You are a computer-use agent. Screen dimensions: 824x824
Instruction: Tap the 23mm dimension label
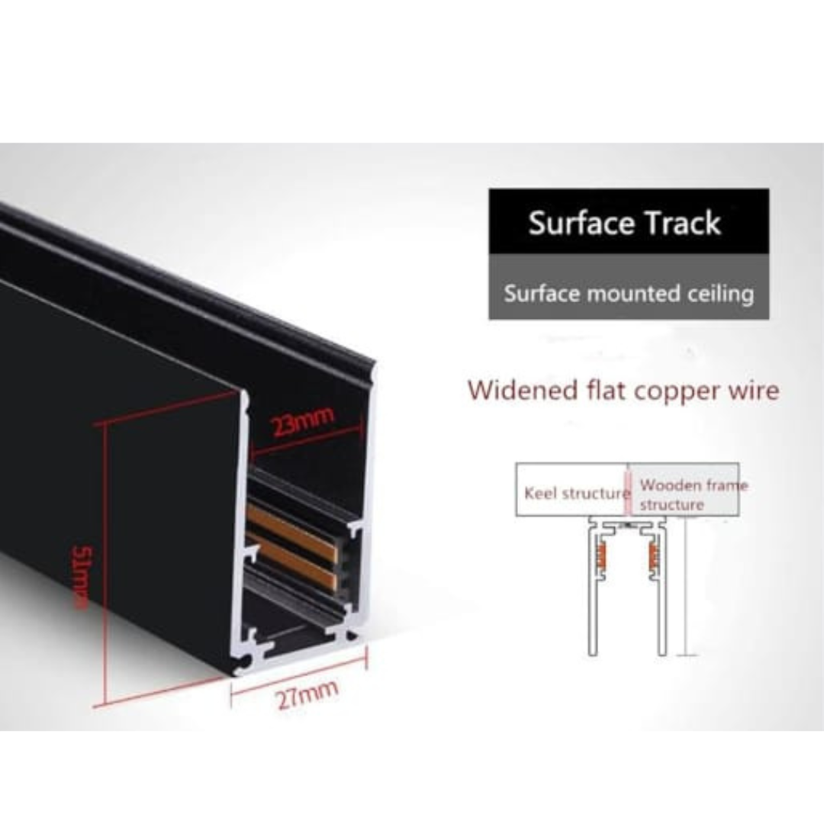302,421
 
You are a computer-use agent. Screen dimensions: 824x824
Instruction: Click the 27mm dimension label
307,695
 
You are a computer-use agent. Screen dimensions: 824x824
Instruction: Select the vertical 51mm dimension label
84,578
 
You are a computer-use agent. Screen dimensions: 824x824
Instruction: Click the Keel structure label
577,494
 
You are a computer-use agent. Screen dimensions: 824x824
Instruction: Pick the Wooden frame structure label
693,494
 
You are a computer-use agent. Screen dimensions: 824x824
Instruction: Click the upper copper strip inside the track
292,532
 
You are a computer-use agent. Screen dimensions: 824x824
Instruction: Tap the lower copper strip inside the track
292,562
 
